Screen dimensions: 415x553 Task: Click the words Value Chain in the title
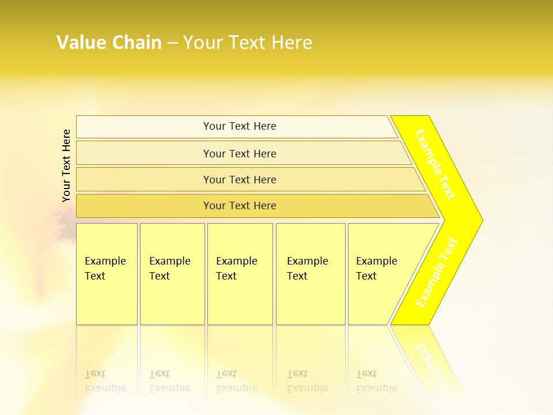click(x=109, y=43)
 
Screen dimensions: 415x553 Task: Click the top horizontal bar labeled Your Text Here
click(x=240, y=126)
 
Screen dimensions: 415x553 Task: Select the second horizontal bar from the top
click(x=240, y=153)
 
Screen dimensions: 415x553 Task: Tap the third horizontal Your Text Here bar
click(x=240, y=179)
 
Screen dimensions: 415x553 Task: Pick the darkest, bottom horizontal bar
click(x=240, y=206)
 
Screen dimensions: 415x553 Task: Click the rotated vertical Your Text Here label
click(x=67, y=165)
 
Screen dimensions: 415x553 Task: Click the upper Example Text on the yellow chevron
click(x=435, y=165)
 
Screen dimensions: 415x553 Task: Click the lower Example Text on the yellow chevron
click(x=437, y=273)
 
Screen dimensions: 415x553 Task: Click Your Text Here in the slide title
click(x=248, y=43)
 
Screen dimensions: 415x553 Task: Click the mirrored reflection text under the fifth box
click(x=377, y=381)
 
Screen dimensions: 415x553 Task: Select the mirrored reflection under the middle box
click(x=237, y=381)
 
